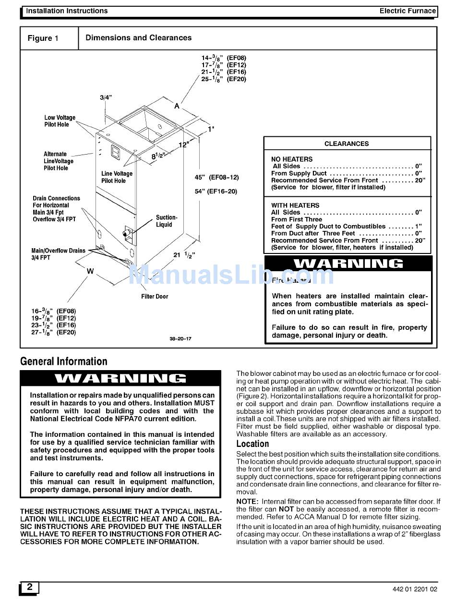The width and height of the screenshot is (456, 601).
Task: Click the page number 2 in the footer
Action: (x=30, y=587)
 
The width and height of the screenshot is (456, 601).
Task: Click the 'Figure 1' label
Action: (x=43, y=38)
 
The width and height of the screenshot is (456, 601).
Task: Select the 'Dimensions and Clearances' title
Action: (x=138, y=38)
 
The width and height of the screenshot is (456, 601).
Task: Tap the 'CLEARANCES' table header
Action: (x=347, y=144)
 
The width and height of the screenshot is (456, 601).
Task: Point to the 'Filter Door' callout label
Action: (x=155, y=297)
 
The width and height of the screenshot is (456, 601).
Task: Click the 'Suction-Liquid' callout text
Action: (x=166, y=221)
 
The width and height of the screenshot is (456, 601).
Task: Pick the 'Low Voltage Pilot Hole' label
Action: (x=60, y=121)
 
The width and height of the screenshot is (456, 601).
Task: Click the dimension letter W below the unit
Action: (x=90, y=272)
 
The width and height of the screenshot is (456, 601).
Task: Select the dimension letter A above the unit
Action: (x=177, y=106)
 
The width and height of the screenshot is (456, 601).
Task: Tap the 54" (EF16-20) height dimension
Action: (x=216, y=192)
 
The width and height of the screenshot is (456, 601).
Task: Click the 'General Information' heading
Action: (x=64, y=361)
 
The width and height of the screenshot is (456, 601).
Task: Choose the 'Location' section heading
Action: (x=252, y=444)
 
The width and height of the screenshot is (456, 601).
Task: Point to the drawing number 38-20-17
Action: (x=180, y=339)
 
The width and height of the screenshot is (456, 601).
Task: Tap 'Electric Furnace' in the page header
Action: (x=407, y=11)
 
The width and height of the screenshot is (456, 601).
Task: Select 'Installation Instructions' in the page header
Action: (x=67, y=11)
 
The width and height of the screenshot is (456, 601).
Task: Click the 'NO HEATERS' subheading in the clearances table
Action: (x=291, y=159)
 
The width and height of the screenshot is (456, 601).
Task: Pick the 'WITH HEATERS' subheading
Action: (x=295, y=205)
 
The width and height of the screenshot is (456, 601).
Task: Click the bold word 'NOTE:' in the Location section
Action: (x=247, y=502)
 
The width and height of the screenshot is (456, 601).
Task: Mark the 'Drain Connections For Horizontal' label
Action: (x=56, y=202)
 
